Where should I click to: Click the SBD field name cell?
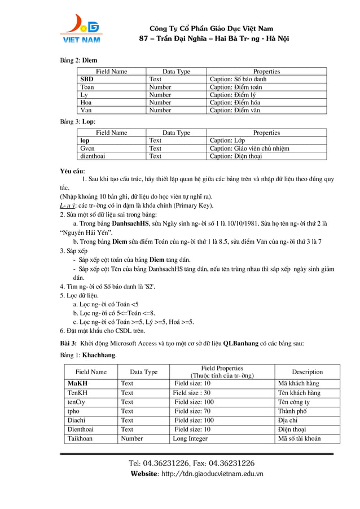click(x=87, y=80)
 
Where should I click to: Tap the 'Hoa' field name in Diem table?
click(x=86, y=103)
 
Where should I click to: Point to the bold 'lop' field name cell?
click(x=85, y=141)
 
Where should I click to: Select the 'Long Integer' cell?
click(x=190, y=438)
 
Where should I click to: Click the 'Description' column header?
click(x=307, y=372)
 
